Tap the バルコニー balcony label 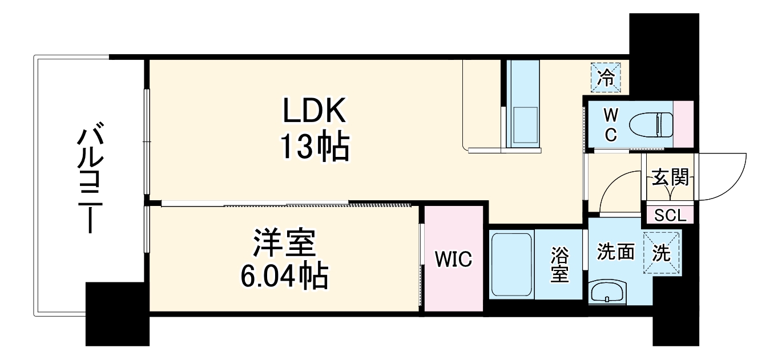tap(88, 180)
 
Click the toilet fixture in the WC tap(651, 124)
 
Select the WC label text tap(610, 124)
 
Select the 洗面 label tap(616, 252)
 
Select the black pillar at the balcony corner tap(116, 314)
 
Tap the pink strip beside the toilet tap(683, 124)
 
